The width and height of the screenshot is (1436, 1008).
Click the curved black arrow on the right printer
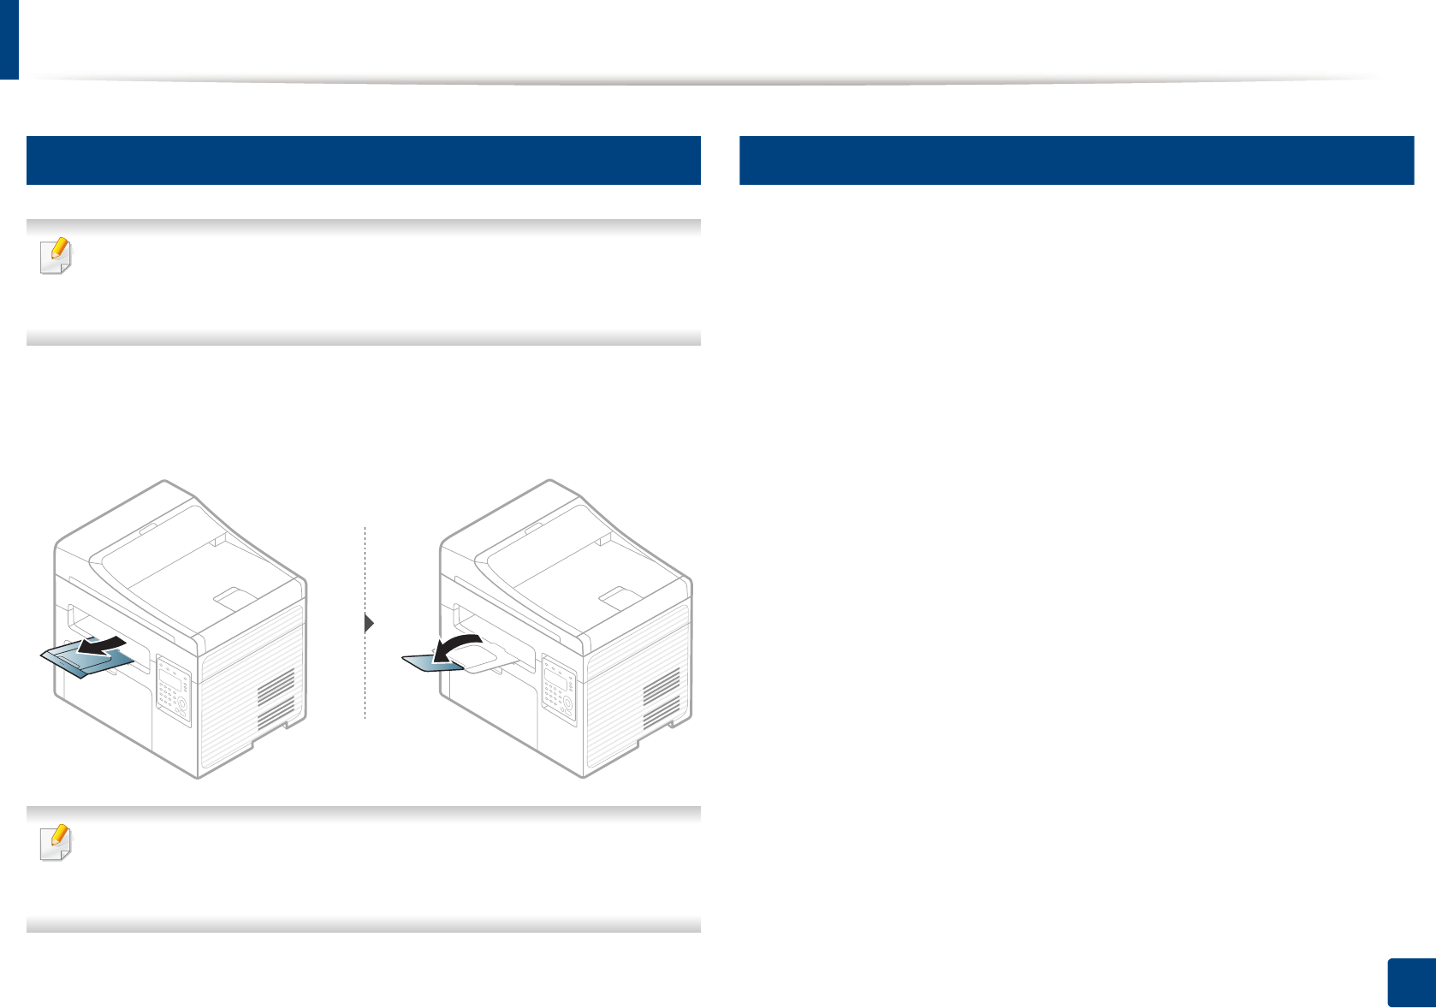tap(459, 648)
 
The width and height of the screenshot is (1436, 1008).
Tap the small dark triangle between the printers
tap(369, 623)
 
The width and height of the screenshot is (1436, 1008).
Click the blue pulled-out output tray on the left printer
tap(86, 661)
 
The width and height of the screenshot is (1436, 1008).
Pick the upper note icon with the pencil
tap(56, 256)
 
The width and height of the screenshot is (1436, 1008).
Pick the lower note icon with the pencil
tap(56, 843)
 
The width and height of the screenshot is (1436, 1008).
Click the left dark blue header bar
tap(364, 160)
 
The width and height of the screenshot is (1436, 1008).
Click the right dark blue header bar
tap(1076, 160)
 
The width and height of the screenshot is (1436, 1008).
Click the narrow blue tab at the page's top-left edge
tap(9, 39)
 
